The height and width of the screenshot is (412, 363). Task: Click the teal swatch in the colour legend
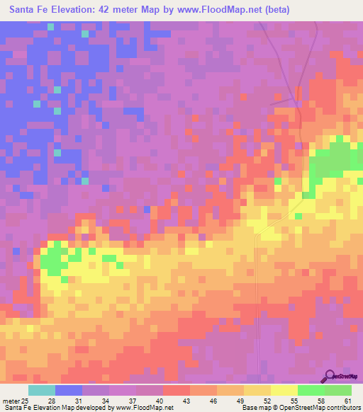coord(41,389)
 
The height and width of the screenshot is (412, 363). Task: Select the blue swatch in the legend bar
coord(68,389)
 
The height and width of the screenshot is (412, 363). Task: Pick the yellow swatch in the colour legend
coord(284,389)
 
